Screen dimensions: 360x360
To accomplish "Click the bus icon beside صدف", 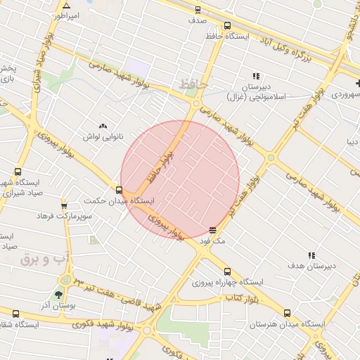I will [x=198, y=10].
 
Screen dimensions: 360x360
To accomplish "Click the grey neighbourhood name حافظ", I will [x=193, y=84].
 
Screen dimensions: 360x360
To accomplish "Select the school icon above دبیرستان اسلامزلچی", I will [x=257, y=76].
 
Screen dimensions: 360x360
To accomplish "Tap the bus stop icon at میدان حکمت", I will [x=118, y=189].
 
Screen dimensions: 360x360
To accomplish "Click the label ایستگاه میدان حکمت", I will [x=118, y=201].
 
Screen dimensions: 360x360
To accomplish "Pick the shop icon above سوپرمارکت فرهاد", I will [x=64, y=206].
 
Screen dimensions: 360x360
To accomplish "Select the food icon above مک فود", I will [x=213, y=229].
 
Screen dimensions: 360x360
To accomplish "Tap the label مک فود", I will [x=213, y=240].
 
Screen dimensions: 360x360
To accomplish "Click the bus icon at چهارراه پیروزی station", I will [x=226, y=271].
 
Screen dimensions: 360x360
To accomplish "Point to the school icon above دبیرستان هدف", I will [x=311, y=255].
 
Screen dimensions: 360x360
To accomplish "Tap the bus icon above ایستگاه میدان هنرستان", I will [x=286, y=314].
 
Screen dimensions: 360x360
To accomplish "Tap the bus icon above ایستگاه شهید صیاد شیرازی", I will [x=18, y=172].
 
